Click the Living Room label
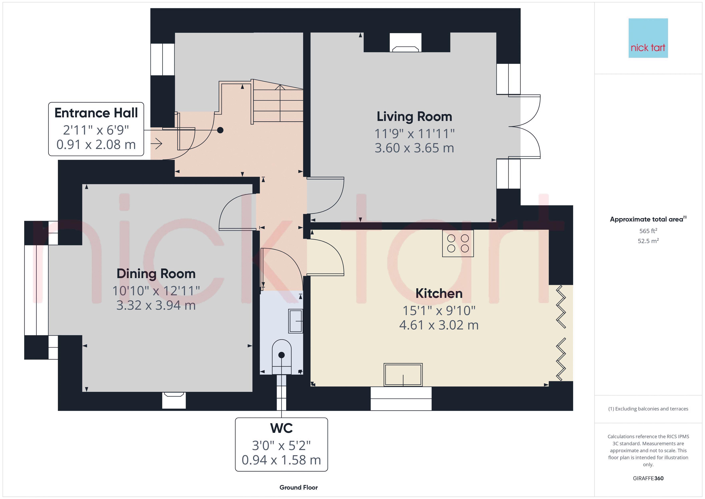[414, 117]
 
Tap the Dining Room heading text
[156, 274]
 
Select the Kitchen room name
[439, 293]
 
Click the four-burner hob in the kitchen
[458, 243]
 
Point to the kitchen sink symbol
[403, 375]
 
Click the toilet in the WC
[282, 356]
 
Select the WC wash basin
[295, 321]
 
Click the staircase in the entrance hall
[278, 103]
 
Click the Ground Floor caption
[299, 487]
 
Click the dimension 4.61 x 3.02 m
[439, 325]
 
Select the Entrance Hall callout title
[96, 113]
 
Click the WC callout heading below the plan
[281, 428]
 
